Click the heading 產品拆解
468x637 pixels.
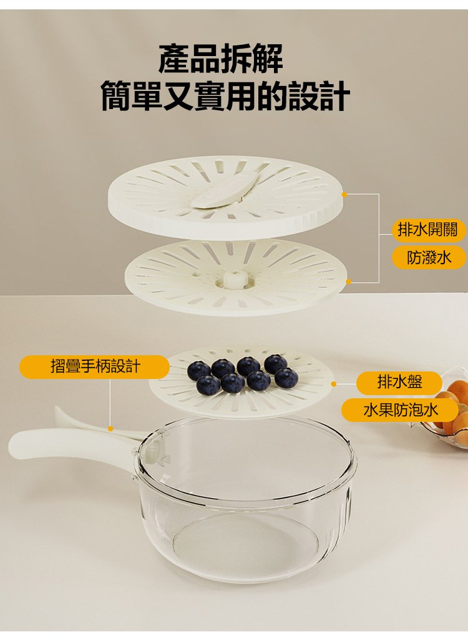[x=220, y=59]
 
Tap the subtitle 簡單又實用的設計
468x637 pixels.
[x=226, y=96]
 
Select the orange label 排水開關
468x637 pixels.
[x=427, y=229]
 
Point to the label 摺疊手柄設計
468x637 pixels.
[x=94, y=366]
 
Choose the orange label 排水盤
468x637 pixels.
[x=399, y=382]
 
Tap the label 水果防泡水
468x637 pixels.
[x=401, y=410]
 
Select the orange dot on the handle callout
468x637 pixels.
[x=110, y=429]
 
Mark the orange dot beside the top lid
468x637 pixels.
[x=344, y=194]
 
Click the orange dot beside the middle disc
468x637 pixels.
[x=348, y=282]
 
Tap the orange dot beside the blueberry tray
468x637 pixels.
[x=333, y=384]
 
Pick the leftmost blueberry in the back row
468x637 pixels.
[x=199, y=370]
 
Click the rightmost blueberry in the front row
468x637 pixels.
[x=286, y=378]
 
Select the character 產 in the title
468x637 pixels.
[x=173, y=59]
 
